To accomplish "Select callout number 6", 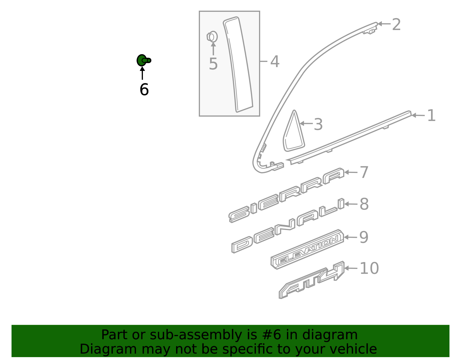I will coord(144,90).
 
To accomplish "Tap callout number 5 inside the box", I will coord(213,64).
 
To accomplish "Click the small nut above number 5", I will coord(212,37).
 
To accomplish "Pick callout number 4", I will coord(275,62).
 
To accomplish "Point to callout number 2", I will coord(396,25).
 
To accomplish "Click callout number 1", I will coord(431,116).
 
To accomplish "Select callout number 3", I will coord(318,125).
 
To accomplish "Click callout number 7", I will coord(364,172).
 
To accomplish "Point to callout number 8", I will coord(364,204).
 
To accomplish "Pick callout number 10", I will coord(369,268).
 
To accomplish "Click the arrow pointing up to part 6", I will coord(142,73).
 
